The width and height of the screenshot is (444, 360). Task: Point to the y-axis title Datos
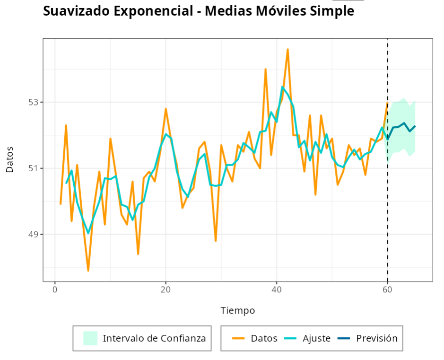click(x=10, y=159)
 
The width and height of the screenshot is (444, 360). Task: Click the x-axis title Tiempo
click(x=238, y=311)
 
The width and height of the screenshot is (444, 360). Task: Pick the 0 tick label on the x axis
click(x=55, y=290)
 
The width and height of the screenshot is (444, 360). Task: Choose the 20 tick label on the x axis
click(x=165, y=290)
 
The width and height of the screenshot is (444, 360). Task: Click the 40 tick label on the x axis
click(x=277, y=290)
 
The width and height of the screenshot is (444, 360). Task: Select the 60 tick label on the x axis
click(x=388, y=290)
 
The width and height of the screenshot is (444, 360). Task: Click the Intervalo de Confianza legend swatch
click(x=90, y=338)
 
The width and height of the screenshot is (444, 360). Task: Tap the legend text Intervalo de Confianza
click(x=154, y=338)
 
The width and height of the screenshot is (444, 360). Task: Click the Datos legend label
click(x=264, y=338)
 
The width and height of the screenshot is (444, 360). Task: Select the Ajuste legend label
click(x=316, y=338)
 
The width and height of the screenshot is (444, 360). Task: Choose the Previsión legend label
click(x=376, y=338)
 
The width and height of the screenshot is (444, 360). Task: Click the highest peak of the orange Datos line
click(x=287, y=49)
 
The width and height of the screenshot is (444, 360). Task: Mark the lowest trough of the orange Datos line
click(x=88, y=271)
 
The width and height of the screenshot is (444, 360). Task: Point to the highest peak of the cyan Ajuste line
click(x=282, y=87)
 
